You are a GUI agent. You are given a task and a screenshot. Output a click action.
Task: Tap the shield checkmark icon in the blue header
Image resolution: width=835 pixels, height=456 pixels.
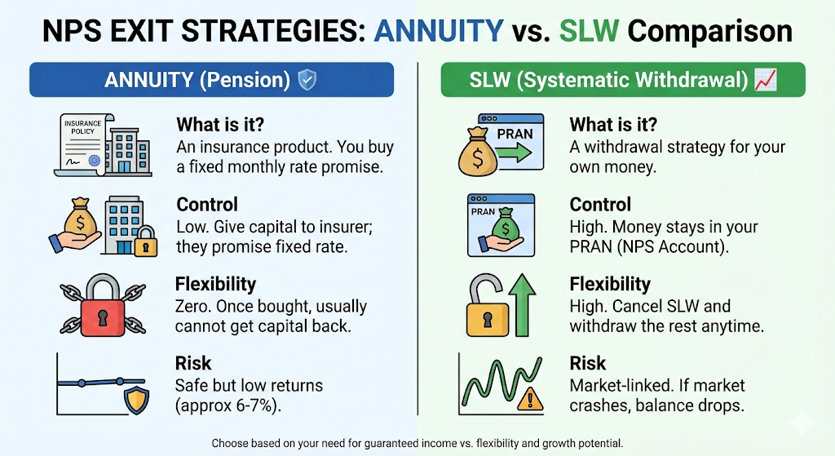point(307,80)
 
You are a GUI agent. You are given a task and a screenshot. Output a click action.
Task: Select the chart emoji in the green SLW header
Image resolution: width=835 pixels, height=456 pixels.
point(765,80)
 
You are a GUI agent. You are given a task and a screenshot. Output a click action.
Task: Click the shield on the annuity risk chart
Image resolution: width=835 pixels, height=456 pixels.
point(135,399)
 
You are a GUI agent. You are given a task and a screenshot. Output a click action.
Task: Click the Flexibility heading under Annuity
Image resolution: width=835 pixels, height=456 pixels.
point(215,284)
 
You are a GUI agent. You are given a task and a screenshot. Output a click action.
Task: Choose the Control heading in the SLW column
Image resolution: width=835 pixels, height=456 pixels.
point(599,205)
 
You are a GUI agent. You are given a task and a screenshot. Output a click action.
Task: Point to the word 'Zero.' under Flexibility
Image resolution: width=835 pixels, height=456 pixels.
point(194,307)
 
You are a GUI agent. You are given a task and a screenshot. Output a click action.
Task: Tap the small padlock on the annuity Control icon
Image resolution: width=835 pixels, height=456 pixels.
point(144,242)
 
